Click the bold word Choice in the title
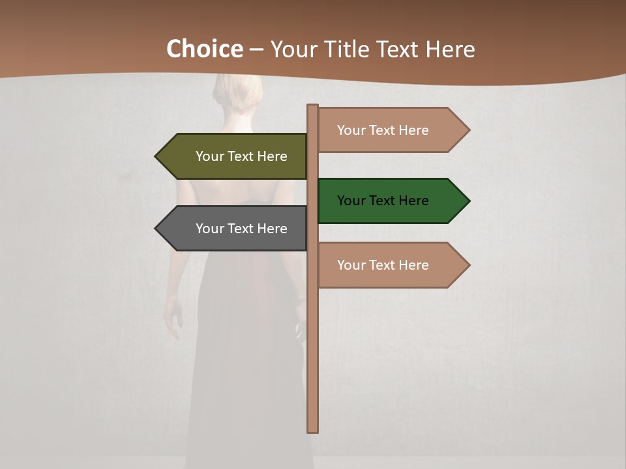pos(204,49)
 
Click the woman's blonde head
pos(238,94)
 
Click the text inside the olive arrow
pos(241,156)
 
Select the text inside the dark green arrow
pos(383,201)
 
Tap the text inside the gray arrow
pos(241,229)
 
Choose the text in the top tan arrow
pos(383,130)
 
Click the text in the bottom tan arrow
pos(383,265)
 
